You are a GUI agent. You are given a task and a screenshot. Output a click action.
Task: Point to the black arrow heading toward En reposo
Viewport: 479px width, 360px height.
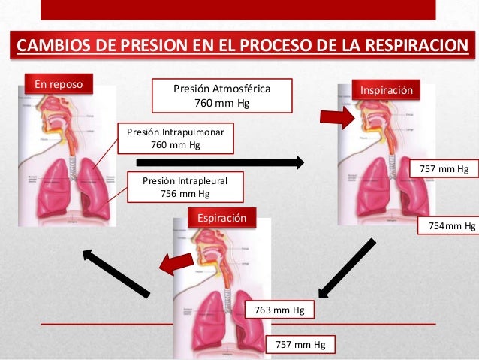(116, 272)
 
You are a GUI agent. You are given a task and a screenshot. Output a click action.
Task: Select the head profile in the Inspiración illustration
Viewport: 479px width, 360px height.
(369, 120)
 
